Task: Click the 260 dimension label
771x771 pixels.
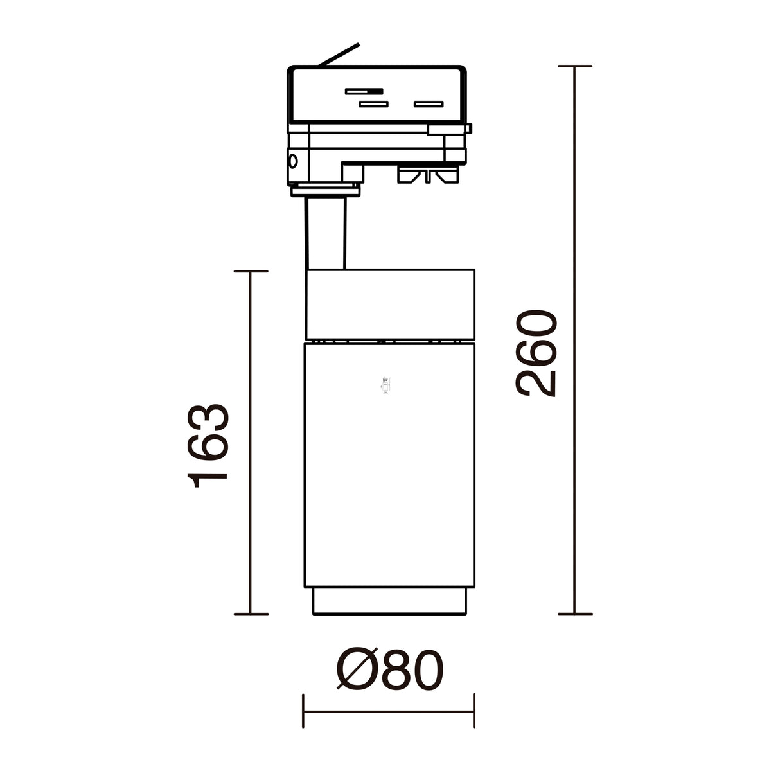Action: (536, 353)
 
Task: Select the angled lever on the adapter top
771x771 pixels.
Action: (339, 55)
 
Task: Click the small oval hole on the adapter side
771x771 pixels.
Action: (293, 162)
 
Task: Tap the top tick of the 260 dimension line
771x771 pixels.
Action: (575, 66)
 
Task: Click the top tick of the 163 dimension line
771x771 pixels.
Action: (251, 271)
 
